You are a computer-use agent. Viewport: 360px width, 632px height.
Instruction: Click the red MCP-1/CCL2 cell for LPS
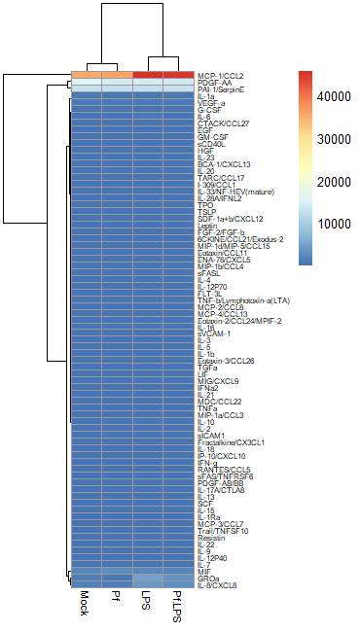[147, 75]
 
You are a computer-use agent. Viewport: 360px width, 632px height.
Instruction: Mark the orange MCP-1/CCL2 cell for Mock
[86, 75]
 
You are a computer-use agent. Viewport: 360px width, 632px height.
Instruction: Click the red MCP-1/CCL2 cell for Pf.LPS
[177, 75]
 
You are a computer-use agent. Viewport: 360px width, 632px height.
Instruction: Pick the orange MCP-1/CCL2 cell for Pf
[116, 75]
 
